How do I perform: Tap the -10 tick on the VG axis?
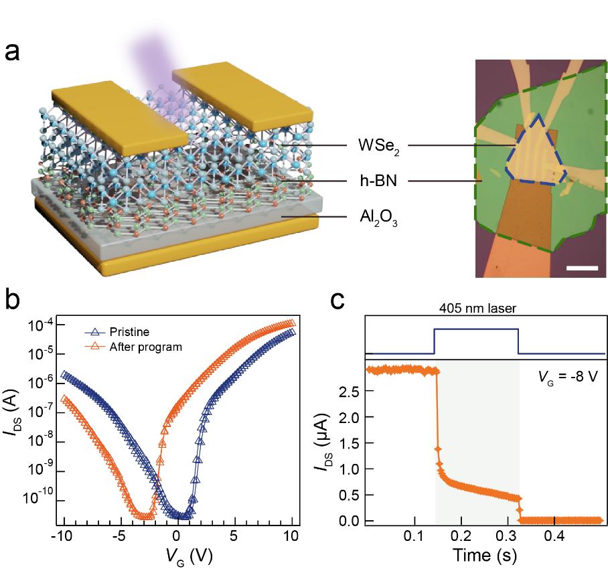point(62,537)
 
